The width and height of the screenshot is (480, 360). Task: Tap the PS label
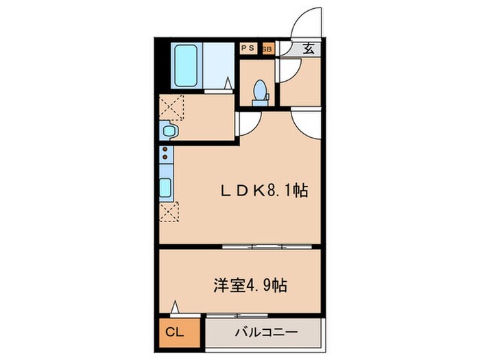[247, 49]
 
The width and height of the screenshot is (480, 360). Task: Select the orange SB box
[267, 49]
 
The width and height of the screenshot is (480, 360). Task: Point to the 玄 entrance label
[309, 49]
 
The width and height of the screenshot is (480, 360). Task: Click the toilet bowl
[260, 91]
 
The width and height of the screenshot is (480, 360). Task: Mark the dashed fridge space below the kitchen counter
[169, 211]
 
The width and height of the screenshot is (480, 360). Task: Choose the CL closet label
[176, 333]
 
